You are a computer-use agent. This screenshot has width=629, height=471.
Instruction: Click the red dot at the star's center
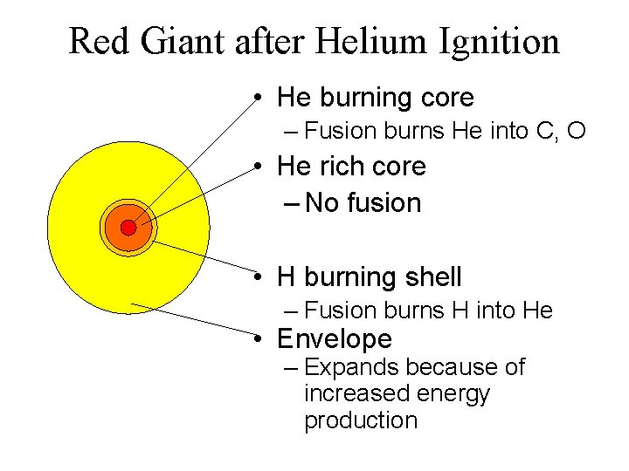[128, 228]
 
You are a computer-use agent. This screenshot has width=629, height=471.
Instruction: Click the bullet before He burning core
[261, 98]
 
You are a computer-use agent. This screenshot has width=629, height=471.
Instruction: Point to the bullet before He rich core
[261, 167]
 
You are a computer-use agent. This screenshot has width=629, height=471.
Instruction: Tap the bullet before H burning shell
[261, 278]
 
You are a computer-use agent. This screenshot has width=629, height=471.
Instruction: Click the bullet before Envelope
[261, 339]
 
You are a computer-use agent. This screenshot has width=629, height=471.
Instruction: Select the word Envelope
[335, 339]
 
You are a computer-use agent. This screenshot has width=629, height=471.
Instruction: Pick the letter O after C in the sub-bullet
[576, 132]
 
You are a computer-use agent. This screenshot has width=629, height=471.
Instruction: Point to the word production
[360, 420]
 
